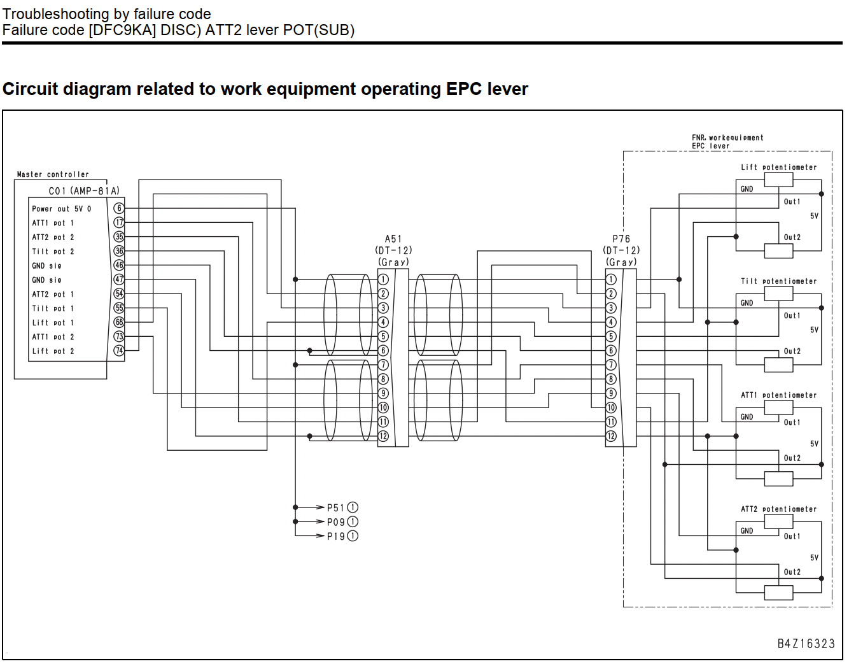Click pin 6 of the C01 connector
[x=119, y=208]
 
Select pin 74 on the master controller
[x=119, y=351]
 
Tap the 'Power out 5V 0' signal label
[x=61, y=209]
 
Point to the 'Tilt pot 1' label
[x=53, y=308]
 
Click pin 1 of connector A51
[x=383, y=280]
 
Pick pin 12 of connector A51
[x=383, y=436]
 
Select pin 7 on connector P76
[x=611, y=365]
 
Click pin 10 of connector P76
[x=611, y=407]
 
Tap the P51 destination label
[x=335, y=507]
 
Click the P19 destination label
[x=335, y=536]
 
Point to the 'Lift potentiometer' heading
[x=778, y=167]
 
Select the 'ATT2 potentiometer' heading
[x=778, y=509]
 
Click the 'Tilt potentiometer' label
[x=778, y=281]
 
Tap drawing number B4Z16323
[x=806, y=644]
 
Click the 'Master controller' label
[x=53, y=174]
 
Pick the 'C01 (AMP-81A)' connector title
[x=83, y=191]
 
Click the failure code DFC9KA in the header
[x=122, y=30]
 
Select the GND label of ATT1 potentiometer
[x=747, y=416]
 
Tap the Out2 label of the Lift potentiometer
[x=792, y=237]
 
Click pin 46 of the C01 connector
[x=119, y=266]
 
